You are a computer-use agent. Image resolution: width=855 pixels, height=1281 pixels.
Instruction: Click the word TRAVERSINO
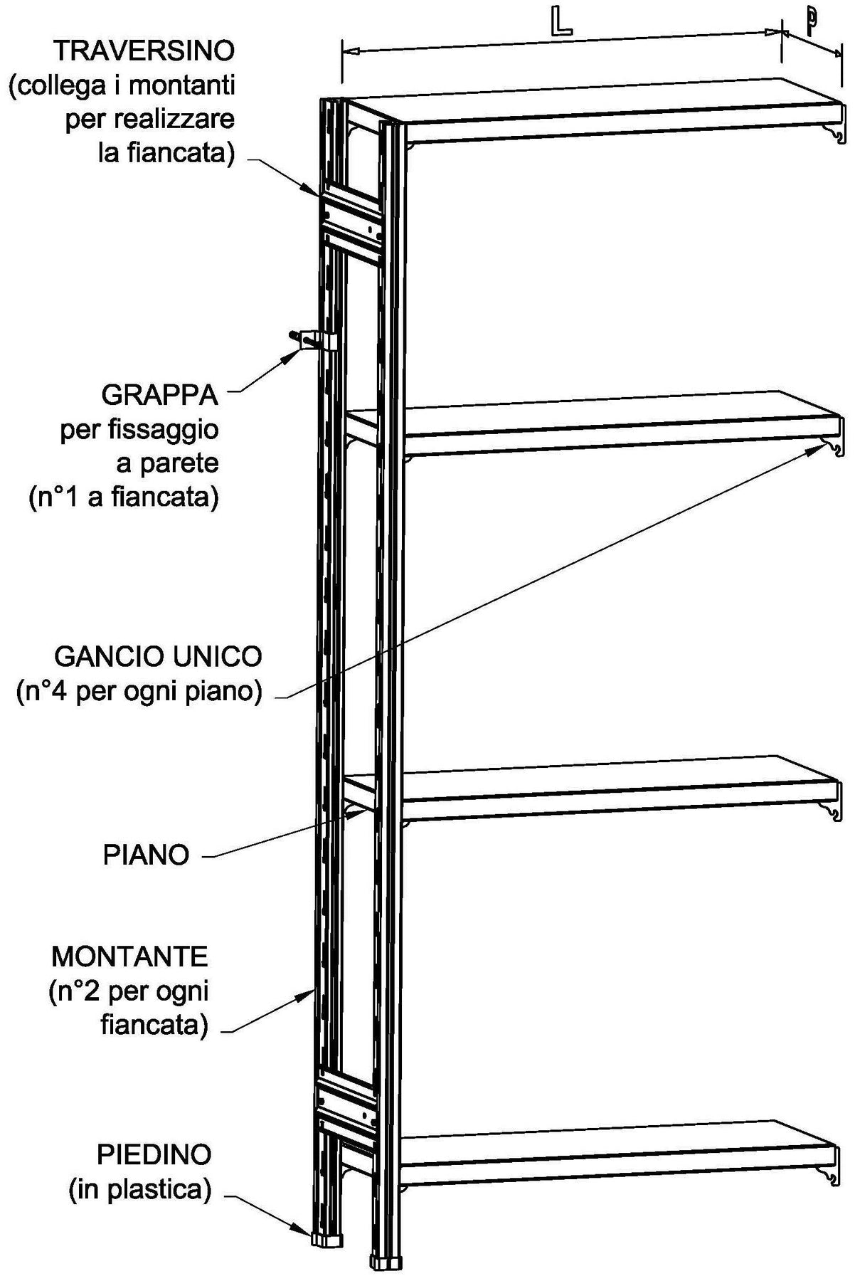tap(144, 51)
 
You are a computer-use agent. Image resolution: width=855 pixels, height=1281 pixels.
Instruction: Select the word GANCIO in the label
tap(105, 655)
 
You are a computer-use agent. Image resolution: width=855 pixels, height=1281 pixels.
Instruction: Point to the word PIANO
tap(147, 854)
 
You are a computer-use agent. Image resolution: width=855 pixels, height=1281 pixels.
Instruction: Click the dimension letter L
tap(561, 23)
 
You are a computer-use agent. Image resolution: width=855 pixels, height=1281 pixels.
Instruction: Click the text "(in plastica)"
tap(140, 1190)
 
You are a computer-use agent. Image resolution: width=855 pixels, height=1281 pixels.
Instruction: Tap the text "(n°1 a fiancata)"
tap(124, 497)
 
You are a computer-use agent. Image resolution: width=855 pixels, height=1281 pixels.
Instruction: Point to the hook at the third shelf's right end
tap(832, 811)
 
